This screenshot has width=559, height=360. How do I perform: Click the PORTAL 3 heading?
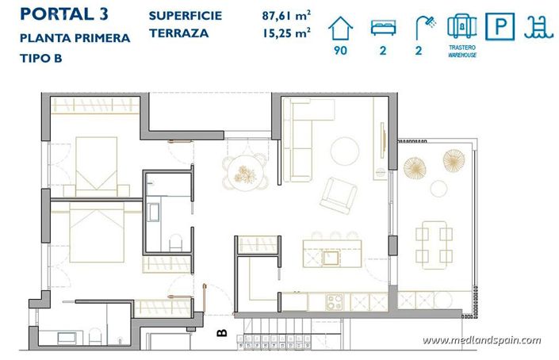tap(64, 14)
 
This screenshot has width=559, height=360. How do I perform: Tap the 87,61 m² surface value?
tap(286, 16)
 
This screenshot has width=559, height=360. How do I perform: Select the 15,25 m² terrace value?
tap(286, 33)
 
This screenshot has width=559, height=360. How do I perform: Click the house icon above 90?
tap(340, 29)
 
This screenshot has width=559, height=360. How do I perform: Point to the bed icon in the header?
tap(383, 28)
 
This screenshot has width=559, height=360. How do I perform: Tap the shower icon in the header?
tap(426, 28)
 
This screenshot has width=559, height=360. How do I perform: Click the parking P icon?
tap(500, 26)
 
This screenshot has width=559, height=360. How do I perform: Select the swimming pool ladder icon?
tap(538, 28)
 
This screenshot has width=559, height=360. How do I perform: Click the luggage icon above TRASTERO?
tap(462, 26)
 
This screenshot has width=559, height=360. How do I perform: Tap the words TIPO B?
tap(41, 59)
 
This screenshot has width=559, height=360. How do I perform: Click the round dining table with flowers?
tap(245, 174)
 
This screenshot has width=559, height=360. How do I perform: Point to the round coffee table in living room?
tap(345, 151)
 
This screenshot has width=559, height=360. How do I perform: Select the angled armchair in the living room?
tap(339, 195)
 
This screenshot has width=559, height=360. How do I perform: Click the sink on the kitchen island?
tap(331, 258)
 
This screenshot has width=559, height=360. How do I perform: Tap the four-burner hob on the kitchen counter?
tap(335, 302)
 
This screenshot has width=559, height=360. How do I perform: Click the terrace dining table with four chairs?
tap(434, 245)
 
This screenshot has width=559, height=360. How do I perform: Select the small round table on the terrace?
tap(438, 189)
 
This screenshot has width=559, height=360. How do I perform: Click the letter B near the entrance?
tap(222, 333)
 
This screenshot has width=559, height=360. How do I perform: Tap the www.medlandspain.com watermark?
tap(481, 340)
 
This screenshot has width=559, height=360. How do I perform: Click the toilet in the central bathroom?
tap(175, 243)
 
